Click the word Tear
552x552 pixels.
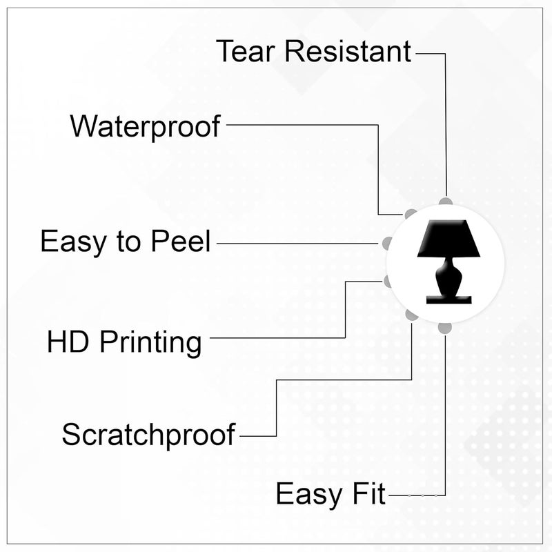pyautogui.click(x=245, y=51)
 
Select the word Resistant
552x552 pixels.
pyautogui.click(x=348, y=51)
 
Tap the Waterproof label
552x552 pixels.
pyautogui.click(x=145, y=127)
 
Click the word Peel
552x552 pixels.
pyautogui.click(x=181, y=241)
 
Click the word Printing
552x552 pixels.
pyautogui.click(x=150, y=343)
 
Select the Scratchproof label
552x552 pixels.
pyautogui.click(x=148, y=435)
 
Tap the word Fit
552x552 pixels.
pyautogui.click(x=368, y=493)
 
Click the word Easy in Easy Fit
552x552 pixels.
pyautogui.click(x=309, y=495)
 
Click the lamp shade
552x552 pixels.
pyautogui.click(x=448, y=238)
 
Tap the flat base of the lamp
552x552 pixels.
pyautogui.click(x=448, y=299)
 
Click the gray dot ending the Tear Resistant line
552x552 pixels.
pyautogui.click(x=445, y=201)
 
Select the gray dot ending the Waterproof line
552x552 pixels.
pyautogui.click(x=411, y=214)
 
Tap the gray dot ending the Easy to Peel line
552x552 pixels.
pyautogui.click(x=387, y=243)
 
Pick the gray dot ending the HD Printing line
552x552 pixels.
pyautogui.click(x=387, y=282)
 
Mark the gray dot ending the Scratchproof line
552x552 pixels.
pyautogui.click(x=411, y=315)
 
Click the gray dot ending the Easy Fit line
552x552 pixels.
pyautogui.click(x=445, y=328)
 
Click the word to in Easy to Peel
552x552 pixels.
pyautogui.click(x=128, y=242)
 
